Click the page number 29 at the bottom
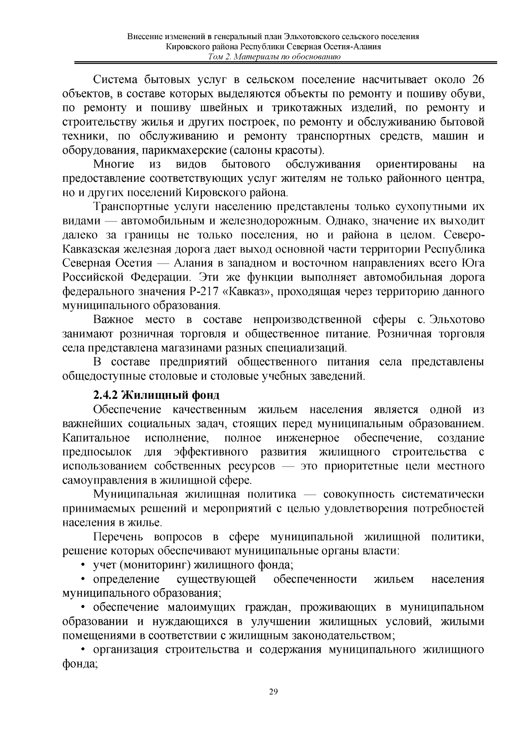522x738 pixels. tap(273, 692)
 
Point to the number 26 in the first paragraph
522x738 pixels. tap(478, 80)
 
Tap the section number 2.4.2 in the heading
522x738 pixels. tap(105, 395)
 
